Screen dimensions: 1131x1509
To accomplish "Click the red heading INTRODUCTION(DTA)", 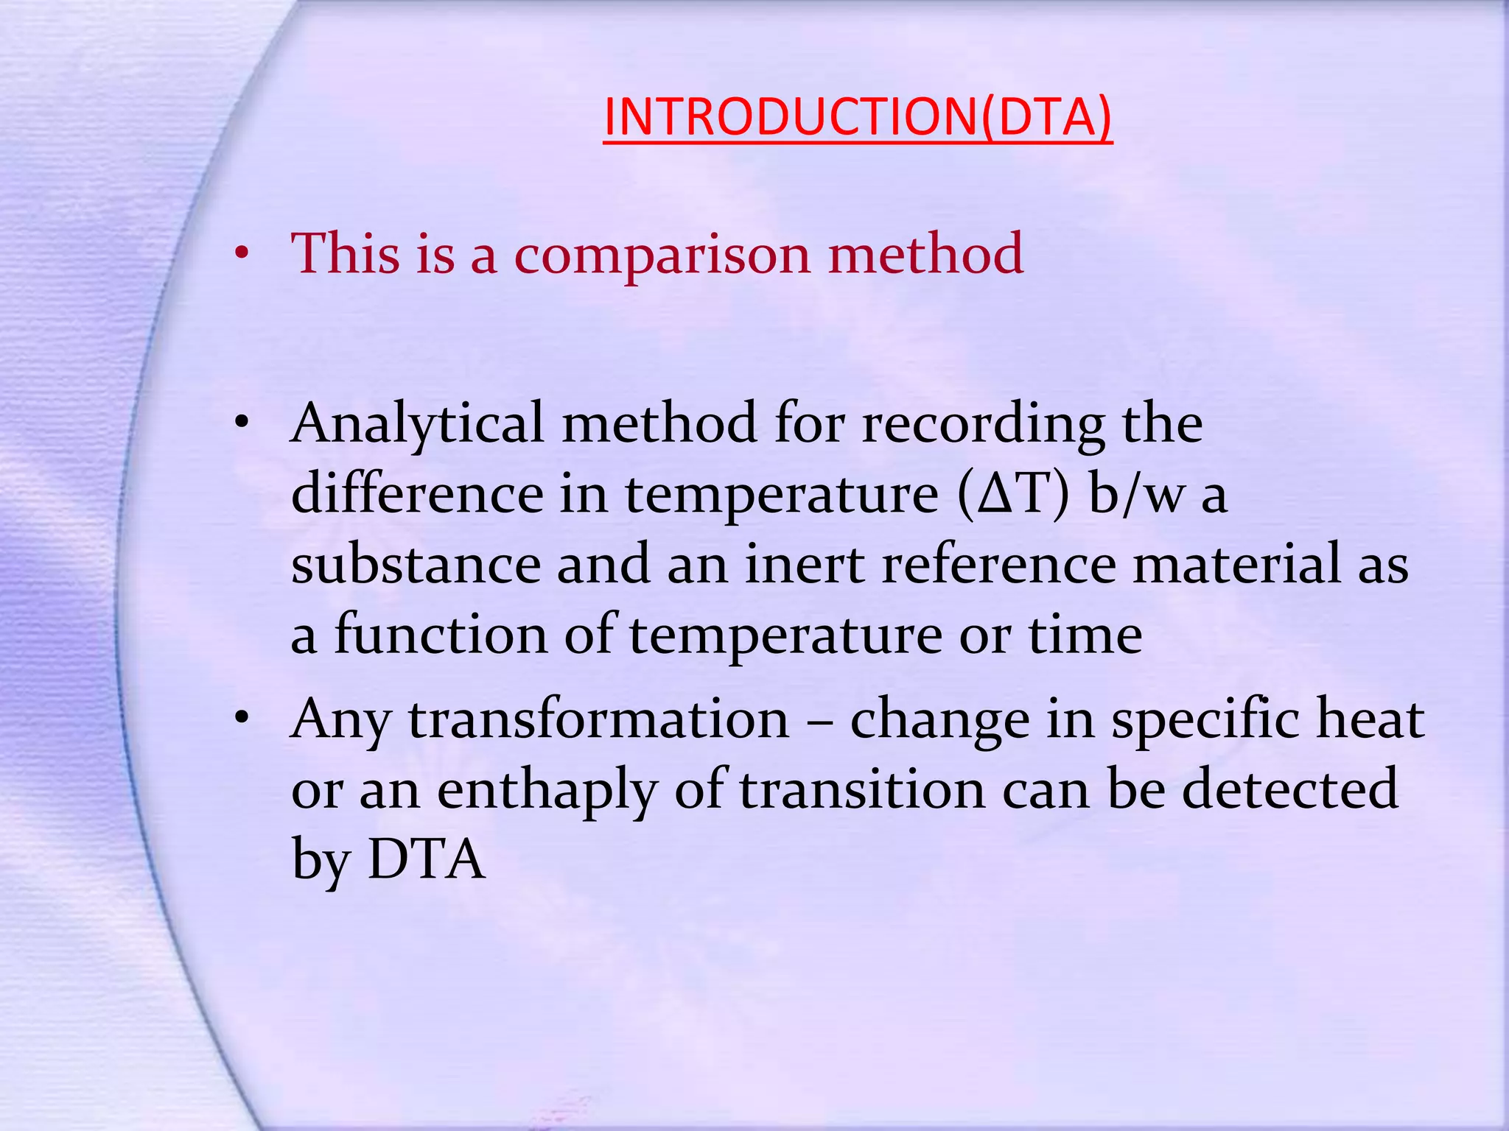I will click(x=857, y=117).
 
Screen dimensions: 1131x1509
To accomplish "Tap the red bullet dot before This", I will click(x=241, y=255).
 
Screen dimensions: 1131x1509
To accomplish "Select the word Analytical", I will click(x=417, y=425).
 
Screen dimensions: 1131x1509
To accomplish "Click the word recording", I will click(x=983, y=425).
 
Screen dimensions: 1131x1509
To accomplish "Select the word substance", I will click(x=416, y=565).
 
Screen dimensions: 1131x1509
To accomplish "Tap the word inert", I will click(x=805, y=565).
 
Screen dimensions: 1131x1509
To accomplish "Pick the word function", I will click(x=441, y=635).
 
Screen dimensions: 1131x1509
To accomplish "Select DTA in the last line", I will click(x=427, y=859).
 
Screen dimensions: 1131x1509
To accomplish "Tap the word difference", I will click(x=417, y=494).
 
